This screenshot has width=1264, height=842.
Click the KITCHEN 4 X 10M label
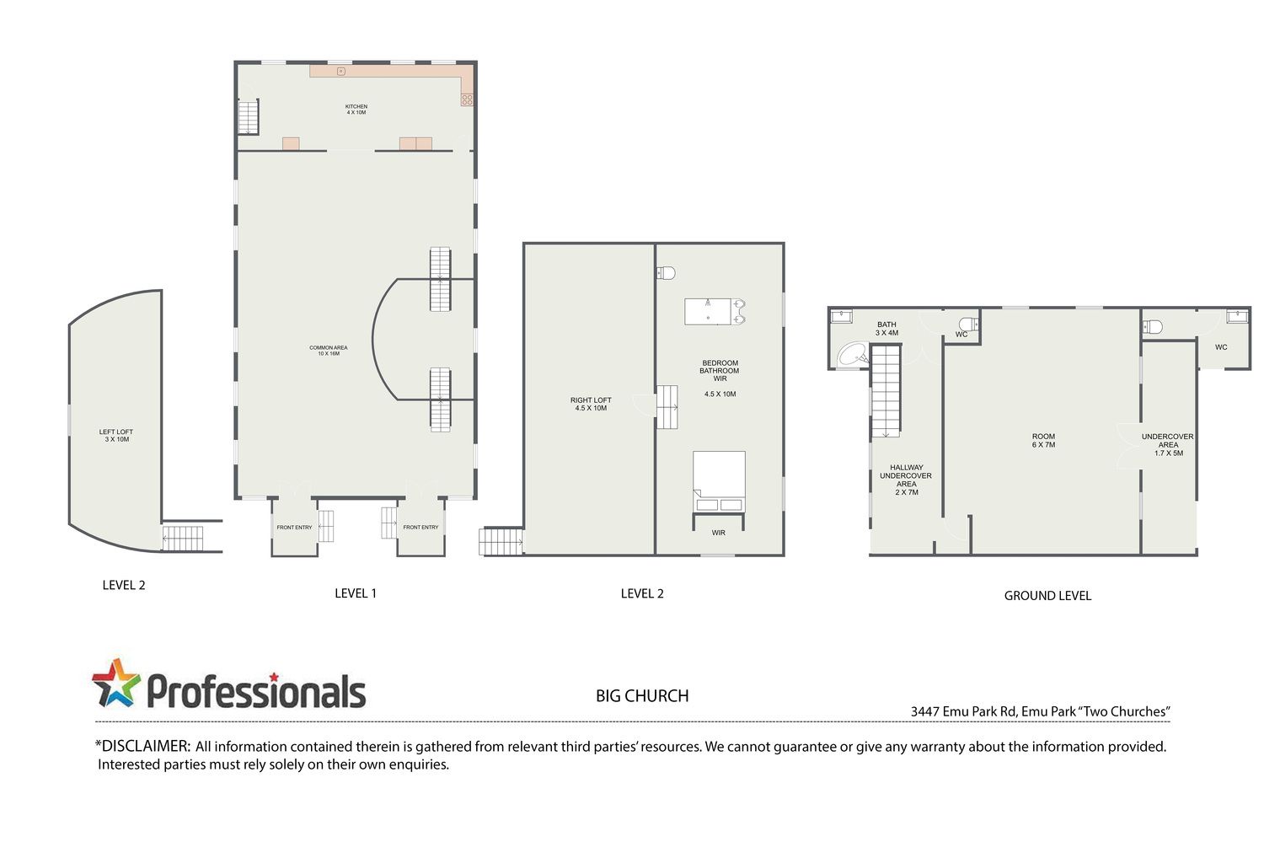(356, 110)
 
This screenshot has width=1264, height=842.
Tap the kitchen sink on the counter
(340, 71)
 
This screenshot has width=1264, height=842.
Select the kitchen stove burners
(467, 100)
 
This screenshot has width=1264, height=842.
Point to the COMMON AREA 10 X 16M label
(329, 351)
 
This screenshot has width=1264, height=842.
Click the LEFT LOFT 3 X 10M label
(116, 436)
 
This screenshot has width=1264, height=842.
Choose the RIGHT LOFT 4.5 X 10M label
(591, 404)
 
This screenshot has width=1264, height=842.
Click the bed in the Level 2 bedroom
(719, 481)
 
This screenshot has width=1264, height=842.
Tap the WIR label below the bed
(718, 533)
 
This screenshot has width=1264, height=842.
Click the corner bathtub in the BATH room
(853, 354)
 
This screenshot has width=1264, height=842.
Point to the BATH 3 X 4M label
(886, 329)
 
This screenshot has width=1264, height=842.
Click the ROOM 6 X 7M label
(1043, 440)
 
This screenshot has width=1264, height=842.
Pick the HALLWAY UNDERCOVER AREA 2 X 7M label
(906, 480)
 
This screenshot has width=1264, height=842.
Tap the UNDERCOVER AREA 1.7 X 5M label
(1167, 445)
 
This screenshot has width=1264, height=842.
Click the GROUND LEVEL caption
(1047, 595)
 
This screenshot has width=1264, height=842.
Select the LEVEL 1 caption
(356, 593)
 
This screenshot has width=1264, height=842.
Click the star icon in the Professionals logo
(116, 683)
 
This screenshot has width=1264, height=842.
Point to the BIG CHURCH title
(642, 696)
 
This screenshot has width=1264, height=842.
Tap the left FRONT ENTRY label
(295, 527)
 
